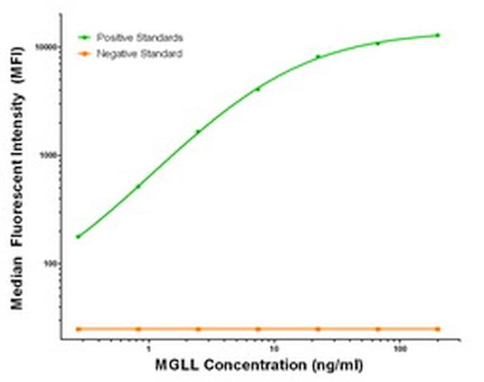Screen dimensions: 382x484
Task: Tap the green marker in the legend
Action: [x=86, y=37]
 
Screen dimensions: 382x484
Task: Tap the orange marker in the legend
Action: [x=86, y=54]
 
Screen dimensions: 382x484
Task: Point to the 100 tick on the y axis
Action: [x=51, y=264]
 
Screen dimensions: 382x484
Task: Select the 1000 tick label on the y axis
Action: [x=49, y=155]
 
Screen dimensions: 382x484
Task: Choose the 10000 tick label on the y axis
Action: [x=47, y=46]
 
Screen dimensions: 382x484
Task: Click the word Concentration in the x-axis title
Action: [x=250, y=366]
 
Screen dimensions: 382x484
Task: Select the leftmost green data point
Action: [x=78, y=237]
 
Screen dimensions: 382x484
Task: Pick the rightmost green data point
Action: [x=438, y=35]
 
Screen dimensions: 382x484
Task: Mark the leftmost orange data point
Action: [x=78, y=329]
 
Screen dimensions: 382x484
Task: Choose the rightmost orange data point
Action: [x=438, y=329]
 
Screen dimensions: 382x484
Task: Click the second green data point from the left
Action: [x=138, y=187]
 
